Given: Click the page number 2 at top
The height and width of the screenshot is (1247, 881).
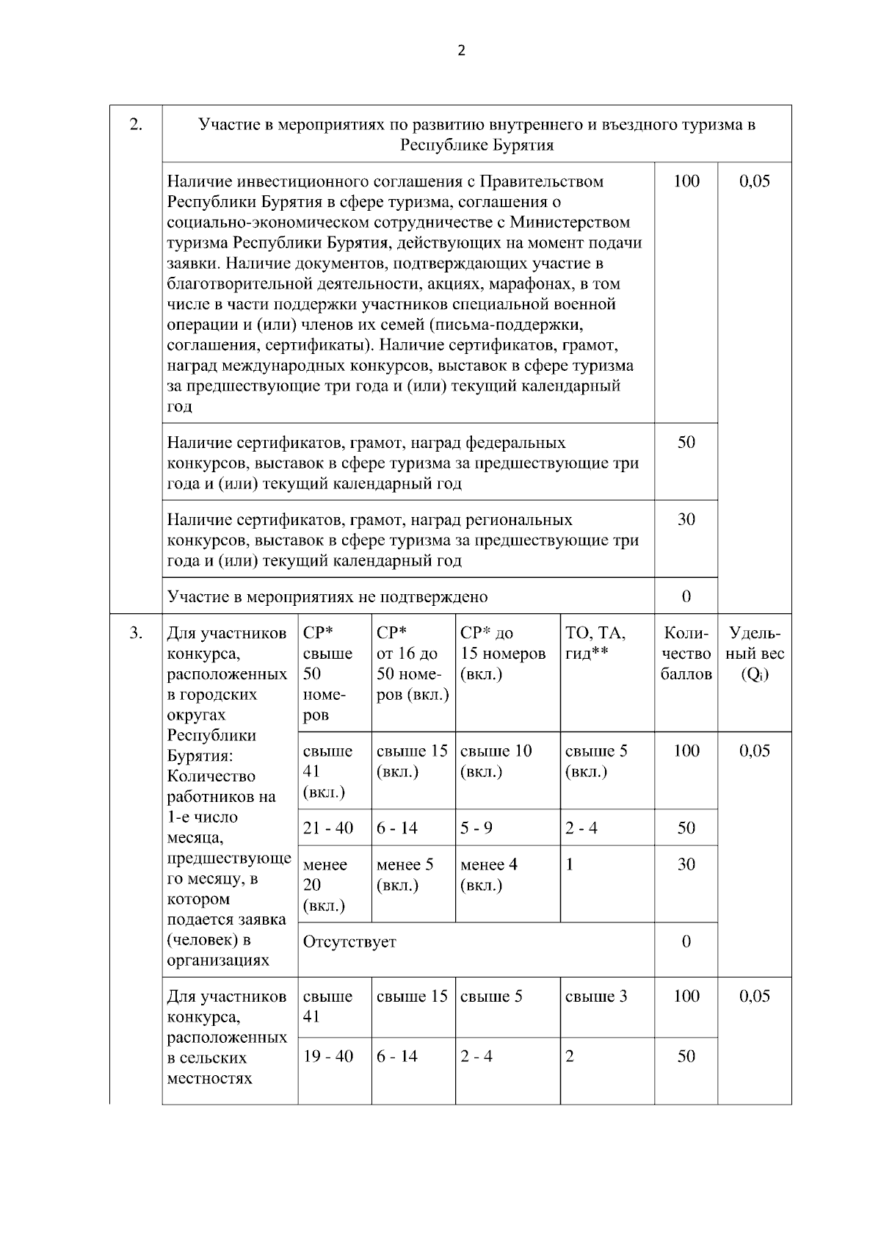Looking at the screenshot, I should pos(461,51).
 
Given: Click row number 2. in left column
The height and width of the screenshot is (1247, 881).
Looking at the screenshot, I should pos(136,123).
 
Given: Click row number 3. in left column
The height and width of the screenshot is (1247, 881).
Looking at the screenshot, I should pos(136,632).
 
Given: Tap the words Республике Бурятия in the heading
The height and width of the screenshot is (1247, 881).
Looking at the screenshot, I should pos(476,145).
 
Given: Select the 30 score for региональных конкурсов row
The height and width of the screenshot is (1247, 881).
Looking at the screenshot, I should pos(686,520).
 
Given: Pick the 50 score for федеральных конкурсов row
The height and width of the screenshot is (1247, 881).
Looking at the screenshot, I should pos(686,443).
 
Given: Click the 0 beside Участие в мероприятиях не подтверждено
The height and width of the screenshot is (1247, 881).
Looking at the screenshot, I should pos(686,596).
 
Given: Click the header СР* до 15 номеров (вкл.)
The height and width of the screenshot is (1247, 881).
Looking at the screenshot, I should pos(503,653).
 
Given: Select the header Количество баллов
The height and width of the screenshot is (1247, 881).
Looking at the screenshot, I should pos(686,653).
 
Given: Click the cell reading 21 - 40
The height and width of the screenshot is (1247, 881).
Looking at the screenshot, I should pos(328,828).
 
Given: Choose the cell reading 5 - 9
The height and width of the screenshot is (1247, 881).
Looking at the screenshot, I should pos(476,828).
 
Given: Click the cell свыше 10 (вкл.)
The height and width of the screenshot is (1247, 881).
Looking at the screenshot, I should pos(496,761).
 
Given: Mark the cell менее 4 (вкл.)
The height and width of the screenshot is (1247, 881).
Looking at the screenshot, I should pos(488,875).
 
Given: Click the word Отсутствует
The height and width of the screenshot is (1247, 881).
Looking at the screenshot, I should pos(349,942).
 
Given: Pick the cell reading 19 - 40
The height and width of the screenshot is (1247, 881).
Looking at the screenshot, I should pos(328,1057).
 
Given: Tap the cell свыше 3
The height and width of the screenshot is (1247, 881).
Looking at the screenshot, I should pos(596,997).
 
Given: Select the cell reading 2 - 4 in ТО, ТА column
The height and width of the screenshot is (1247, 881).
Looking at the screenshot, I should pos(581,828).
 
